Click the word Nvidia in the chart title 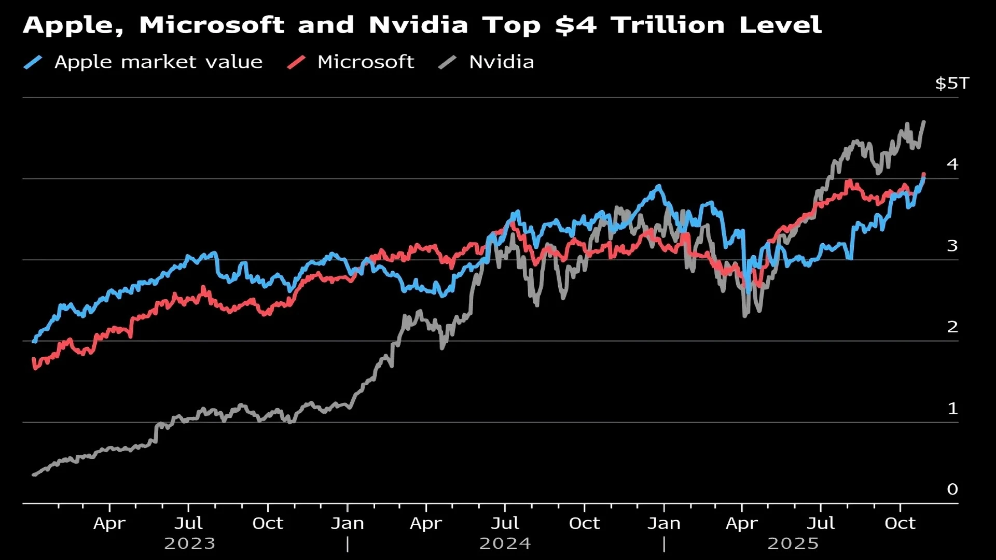pos(418,25)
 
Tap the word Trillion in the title pos(667,25)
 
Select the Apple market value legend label pos(158,62)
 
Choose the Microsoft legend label pos(366,62)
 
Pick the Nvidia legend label pos(501,62)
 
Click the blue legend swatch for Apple pos(33,62)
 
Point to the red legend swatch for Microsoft pos(296,62)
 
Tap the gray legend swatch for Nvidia pos(447,62)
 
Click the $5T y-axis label pos(952,83)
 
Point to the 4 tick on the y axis pos(952,164)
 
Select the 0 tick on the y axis pos(952,489)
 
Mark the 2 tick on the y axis pos(952,327)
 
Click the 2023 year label pos(189,543)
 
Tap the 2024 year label pos(505,543)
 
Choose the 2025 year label pos(793,543)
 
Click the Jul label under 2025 pos(821,523)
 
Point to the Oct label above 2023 pos(268,523)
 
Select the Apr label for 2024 pos(426,523)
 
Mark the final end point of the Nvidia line pos(924,122)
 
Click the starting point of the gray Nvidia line pos(34,474)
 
